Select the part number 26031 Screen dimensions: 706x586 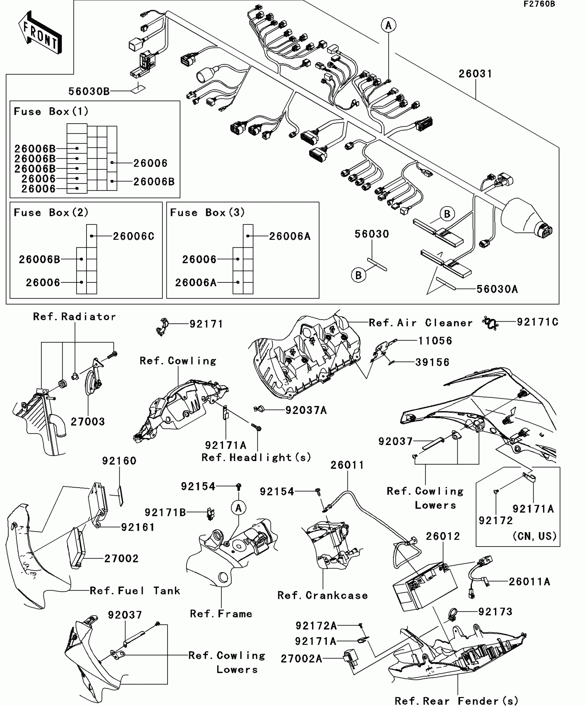coord(475,74)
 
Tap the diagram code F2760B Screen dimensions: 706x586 coord(539,4)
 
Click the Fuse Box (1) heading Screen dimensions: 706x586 coord(51,112)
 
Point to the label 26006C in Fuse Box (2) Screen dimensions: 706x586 coord(134,236)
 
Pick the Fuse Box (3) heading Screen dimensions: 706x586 coord(207,212)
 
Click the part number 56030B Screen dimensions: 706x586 coord(89,91)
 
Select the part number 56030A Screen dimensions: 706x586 coord(497,289)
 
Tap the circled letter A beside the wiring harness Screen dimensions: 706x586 coord(388,25)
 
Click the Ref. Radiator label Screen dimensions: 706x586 coord(74,317)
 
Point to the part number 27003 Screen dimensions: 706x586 coord(88,422)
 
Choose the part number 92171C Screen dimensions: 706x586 coord(537,322)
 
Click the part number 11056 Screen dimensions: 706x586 coord(435,341)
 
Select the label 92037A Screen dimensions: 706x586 coord(306,410)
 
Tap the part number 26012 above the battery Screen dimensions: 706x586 coord(443,536)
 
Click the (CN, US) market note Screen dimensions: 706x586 coord(535,536)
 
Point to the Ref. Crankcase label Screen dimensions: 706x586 coord(323,595)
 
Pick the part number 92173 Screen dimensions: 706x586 coord(495,612)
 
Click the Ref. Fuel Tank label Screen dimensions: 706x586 coord(135,591)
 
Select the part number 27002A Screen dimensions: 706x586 coord(301,659)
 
